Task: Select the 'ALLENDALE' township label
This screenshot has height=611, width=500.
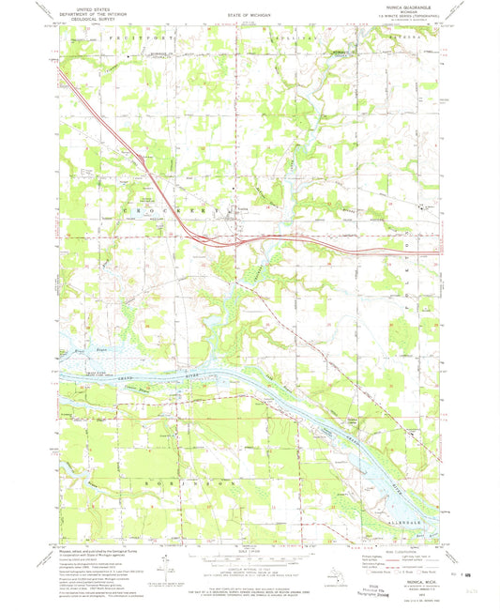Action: tap(411, 527)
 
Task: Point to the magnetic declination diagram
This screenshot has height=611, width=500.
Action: tap(166, 569)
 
